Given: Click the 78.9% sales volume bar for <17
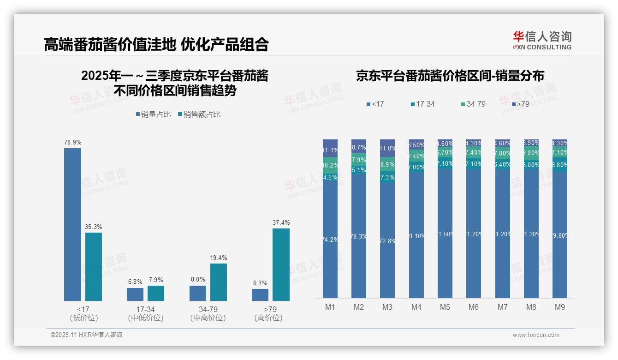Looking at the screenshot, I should pos(72,224).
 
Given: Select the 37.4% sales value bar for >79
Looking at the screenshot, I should pos(281,264).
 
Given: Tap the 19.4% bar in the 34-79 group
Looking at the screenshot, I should pos(219,282).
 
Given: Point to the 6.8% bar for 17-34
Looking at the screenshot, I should pos(135,294).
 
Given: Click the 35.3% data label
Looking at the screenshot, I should pos(94,227).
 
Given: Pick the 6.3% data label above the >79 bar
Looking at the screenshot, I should pos(260,283).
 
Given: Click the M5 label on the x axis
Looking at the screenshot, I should pos(445,307).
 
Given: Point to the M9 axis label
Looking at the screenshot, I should pos(560,307).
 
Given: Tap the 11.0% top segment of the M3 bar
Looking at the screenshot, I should pos(387,148).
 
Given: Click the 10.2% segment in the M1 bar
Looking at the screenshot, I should pos(330,165).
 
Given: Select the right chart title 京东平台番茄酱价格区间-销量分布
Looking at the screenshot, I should pos(450,76).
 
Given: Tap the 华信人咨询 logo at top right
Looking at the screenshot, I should pos(542,40).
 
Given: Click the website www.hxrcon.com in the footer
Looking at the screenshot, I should pos(536,335).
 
